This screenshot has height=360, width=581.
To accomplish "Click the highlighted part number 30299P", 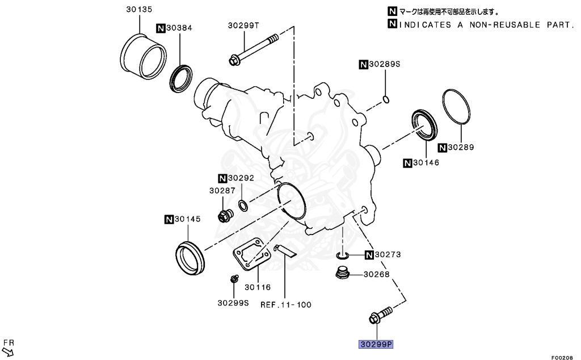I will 375,344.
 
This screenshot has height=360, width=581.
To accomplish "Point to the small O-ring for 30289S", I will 386,101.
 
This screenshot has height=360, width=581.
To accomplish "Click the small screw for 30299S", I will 233,279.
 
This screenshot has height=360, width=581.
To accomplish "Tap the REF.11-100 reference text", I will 286,304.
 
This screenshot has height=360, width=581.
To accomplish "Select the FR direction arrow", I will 8,350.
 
